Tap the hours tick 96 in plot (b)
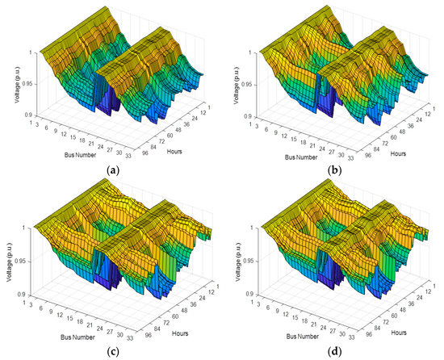pyautogui.click(x=373, y=152)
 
